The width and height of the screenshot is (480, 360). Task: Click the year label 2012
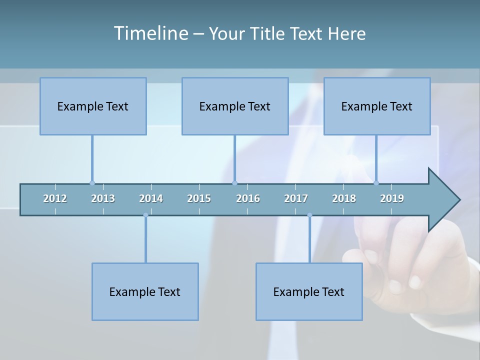(x=55, y=198)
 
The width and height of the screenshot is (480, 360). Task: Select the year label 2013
(x=103, y=198)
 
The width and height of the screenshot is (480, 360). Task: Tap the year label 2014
(x=151, y=198)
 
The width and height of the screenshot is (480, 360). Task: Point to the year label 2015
(x=199, y=198)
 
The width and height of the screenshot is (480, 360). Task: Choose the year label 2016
(x=248, y=198)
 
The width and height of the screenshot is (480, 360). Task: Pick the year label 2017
(x=296, y=198)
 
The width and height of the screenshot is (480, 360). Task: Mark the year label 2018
(x=344, y=198)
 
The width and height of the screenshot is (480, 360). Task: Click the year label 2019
(x=392, y=198)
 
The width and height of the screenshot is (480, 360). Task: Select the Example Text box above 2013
(x=93, y=106)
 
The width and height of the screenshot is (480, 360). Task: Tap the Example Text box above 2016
(x=235, y=106)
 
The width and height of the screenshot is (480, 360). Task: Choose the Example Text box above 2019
(x=377, y=106)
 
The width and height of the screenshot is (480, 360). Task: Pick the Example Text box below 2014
(x=145, y=291)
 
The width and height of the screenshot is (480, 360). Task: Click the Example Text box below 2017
(x=309, y=291)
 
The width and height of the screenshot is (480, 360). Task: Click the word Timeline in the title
(x=150, y=33)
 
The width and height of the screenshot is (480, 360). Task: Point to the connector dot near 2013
(x=92, y=183)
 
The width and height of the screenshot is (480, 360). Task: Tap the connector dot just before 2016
(x=234, y=183)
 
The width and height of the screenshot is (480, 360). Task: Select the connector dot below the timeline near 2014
(x=145, y=215)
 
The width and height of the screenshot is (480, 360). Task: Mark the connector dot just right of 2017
(x=309, y=215)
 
